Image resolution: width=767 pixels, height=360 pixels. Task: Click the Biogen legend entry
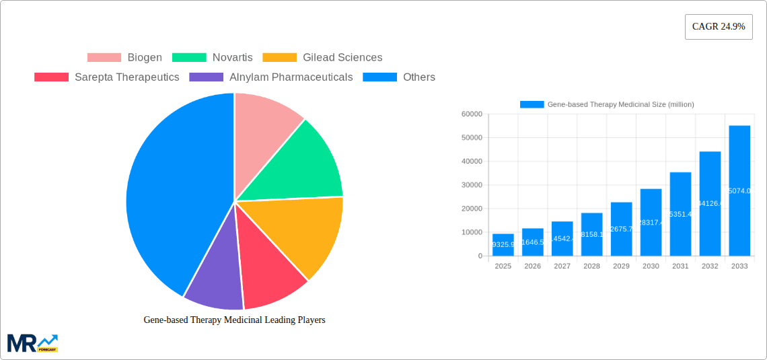point(125,58)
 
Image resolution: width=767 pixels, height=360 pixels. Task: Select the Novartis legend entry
point(213,58)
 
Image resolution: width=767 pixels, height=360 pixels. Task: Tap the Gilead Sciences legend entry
point(322,58)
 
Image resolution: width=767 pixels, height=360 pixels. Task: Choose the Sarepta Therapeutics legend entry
point(107,77)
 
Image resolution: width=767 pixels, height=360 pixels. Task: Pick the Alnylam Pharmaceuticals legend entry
point(271,77)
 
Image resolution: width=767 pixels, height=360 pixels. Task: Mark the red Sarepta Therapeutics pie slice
point(269,276)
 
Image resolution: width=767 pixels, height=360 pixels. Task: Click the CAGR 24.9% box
point(719,27)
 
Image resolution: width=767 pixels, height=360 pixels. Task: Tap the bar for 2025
point(503,245)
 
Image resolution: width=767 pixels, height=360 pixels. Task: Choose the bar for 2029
point(621,229)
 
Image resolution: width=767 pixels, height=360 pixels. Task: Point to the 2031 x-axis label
point(680,266)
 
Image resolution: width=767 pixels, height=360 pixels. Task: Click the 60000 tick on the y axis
point(472,114)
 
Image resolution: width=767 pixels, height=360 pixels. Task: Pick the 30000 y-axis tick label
point(472,185)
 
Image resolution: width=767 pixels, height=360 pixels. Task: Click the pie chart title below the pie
point(234,320)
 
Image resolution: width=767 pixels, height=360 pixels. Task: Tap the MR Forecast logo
point(32,343)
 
